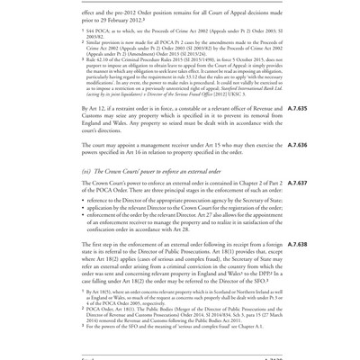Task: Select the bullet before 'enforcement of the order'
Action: [x=85, y=220]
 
